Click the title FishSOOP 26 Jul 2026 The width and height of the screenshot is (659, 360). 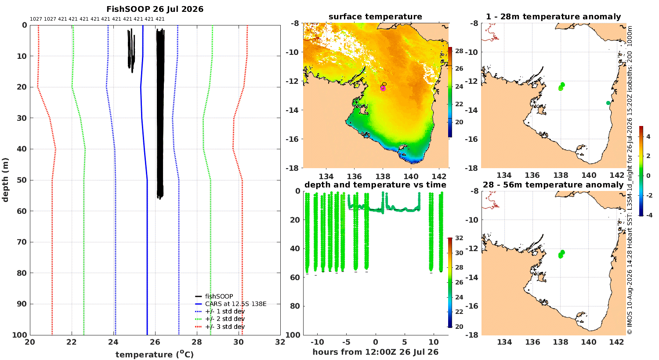155,9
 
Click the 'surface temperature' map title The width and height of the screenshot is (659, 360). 375,17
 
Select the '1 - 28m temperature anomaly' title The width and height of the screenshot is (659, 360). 554,17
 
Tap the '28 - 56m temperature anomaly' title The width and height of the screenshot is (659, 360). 553,185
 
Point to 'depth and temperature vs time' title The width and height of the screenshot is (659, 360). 375,185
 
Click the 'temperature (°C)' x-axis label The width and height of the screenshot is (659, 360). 155,354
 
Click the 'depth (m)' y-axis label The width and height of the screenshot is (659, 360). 5,180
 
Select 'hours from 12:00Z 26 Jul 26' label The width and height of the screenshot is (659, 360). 375,352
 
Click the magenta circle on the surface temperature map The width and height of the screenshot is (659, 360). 383,88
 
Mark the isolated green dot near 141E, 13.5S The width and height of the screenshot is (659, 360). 608,103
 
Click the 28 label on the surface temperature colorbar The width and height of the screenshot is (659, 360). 459,51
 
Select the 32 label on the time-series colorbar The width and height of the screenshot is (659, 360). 459,238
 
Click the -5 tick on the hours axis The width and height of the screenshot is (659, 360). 346,342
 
